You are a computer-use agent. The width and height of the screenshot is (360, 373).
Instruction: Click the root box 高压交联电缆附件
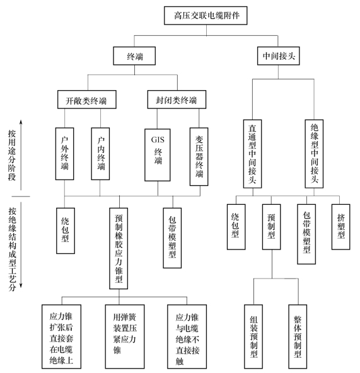[x=206, y=16]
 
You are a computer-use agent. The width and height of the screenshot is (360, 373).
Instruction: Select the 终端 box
[x=134, y=56]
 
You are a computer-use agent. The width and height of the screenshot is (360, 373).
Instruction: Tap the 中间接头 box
[x=278, y=56]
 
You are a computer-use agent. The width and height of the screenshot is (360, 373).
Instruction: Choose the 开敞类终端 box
[x=87, y=100]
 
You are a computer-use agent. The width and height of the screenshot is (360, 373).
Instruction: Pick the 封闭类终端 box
[x=177, y=100]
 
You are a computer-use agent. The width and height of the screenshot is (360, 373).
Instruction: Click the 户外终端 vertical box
[x=64, y=154]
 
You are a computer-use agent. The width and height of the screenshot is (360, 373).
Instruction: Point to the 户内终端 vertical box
[x=100, y=154]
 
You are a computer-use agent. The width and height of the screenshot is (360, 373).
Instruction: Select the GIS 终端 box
[x=158, y=155]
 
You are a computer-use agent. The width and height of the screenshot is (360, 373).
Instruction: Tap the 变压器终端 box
[x=199, y=156]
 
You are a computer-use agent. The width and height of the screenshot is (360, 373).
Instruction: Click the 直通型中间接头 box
[x=252, y=154]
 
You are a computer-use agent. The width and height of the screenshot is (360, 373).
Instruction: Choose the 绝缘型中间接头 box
[x=314, y=154]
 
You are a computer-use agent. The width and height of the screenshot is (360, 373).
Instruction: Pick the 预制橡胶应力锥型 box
[x=119, y=249]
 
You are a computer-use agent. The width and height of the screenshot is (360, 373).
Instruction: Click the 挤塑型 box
[x=341, y=227]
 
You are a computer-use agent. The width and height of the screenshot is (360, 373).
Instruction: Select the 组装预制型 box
[x=253, y=336]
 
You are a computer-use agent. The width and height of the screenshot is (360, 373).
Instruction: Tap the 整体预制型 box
[x=298, y=336]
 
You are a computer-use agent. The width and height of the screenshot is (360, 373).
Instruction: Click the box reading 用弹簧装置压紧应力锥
[x=125, y=336]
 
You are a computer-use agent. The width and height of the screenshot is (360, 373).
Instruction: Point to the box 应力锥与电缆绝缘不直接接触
[x=187, y=336]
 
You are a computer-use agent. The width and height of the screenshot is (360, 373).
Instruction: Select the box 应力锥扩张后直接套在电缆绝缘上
[x=61, y=336]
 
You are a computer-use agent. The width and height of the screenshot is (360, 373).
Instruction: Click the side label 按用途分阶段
[x=12, y=155]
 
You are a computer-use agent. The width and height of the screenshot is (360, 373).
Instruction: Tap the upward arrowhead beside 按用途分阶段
[x=21, y=122]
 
